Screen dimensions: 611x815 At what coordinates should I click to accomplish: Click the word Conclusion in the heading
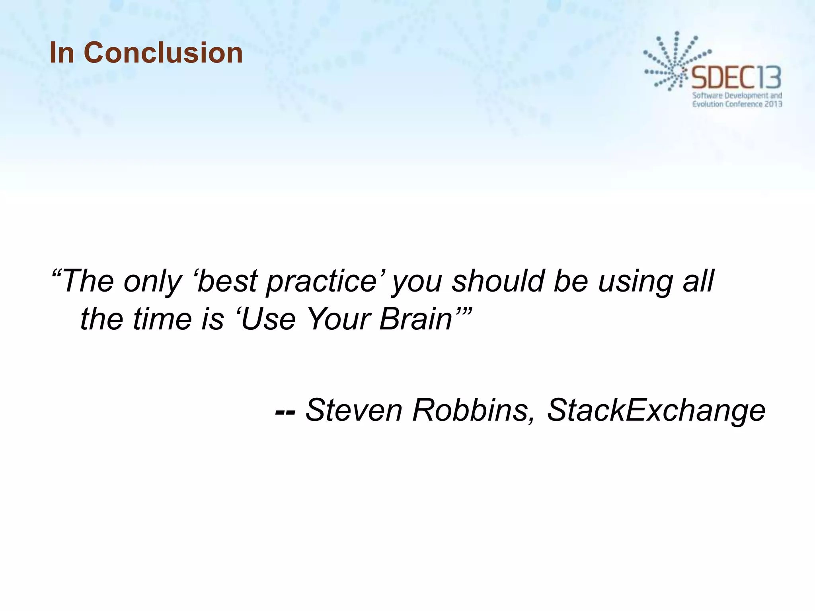[x=163, y=53]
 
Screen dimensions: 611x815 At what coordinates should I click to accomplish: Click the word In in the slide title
[x=62, y=53]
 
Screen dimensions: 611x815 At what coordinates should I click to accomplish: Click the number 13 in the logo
[x=769, y=78]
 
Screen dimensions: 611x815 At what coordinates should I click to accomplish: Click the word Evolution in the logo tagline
[x=707, y=104]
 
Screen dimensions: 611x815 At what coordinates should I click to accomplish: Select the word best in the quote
[x=228, y=281]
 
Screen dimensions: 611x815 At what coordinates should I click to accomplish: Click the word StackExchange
[x=656, y=411]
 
